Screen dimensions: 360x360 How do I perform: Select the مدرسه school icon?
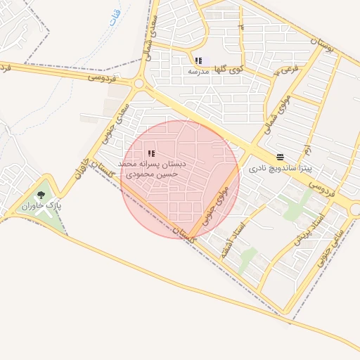tap(198, 61)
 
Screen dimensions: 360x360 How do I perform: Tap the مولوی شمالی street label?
tap(276, 114)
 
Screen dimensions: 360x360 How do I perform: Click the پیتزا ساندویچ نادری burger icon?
tap(281, 157)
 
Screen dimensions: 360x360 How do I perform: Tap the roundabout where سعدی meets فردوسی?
tap(139, 84)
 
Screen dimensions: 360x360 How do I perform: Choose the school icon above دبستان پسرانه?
tap(152, 153)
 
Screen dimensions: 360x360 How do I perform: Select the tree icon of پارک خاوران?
tap(41, 195)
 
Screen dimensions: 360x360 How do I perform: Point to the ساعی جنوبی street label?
tap(331, 243)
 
